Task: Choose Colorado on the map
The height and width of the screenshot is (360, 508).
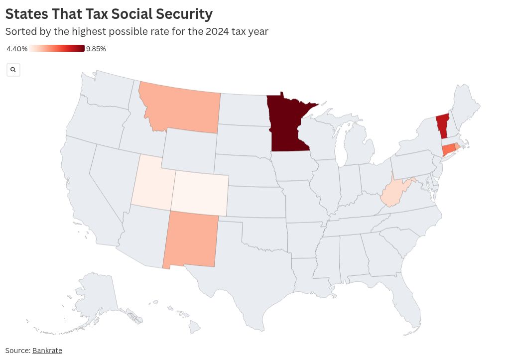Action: (199, 194)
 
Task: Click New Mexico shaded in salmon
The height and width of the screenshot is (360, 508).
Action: (192, 239)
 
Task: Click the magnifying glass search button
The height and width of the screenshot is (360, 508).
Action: (13, 70)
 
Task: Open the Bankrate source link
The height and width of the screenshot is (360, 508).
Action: (47, 351)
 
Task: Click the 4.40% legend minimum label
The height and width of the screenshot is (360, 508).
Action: (16, 49)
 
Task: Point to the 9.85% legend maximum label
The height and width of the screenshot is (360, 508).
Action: (96, 49)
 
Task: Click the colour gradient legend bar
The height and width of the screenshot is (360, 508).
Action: (56, 48)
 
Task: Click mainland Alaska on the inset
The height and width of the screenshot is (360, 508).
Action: (95, 299)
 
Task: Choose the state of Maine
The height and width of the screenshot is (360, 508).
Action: (466, 107)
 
